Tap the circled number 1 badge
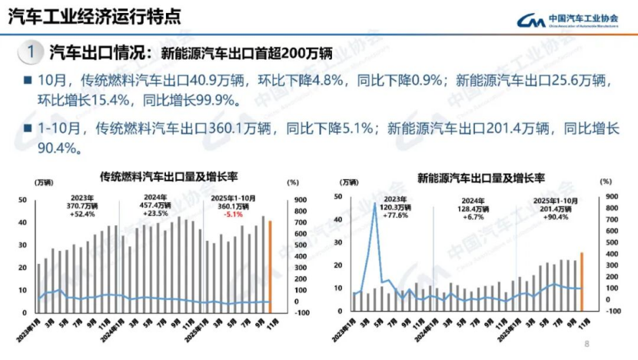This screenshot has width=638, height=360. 29,52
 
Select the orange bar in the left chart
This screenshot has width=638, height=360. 270,267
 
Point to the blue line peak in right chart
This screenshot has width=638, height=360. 374,205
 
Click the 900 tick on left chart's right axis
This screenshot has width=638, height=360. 292,201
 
